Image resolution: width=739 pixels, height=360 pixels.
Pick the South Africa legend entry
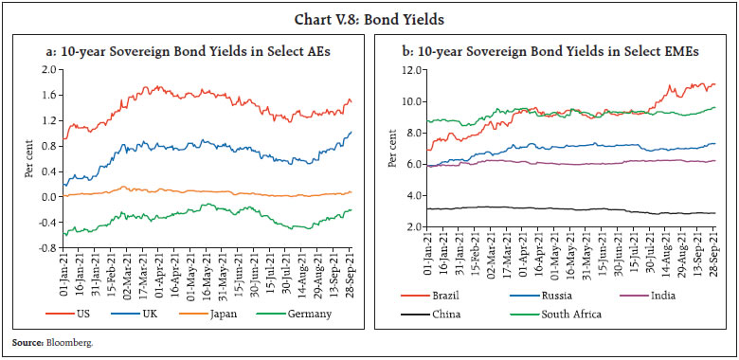pos(559,315)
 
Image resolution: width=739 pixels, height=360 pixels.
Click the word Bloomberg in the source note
pos(55,342)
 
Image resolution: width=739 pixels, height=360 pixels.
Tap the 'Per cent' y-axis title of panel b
pos(392,150)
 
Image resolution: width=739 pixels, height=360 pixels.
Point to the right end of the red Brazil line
pos(712,84)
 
